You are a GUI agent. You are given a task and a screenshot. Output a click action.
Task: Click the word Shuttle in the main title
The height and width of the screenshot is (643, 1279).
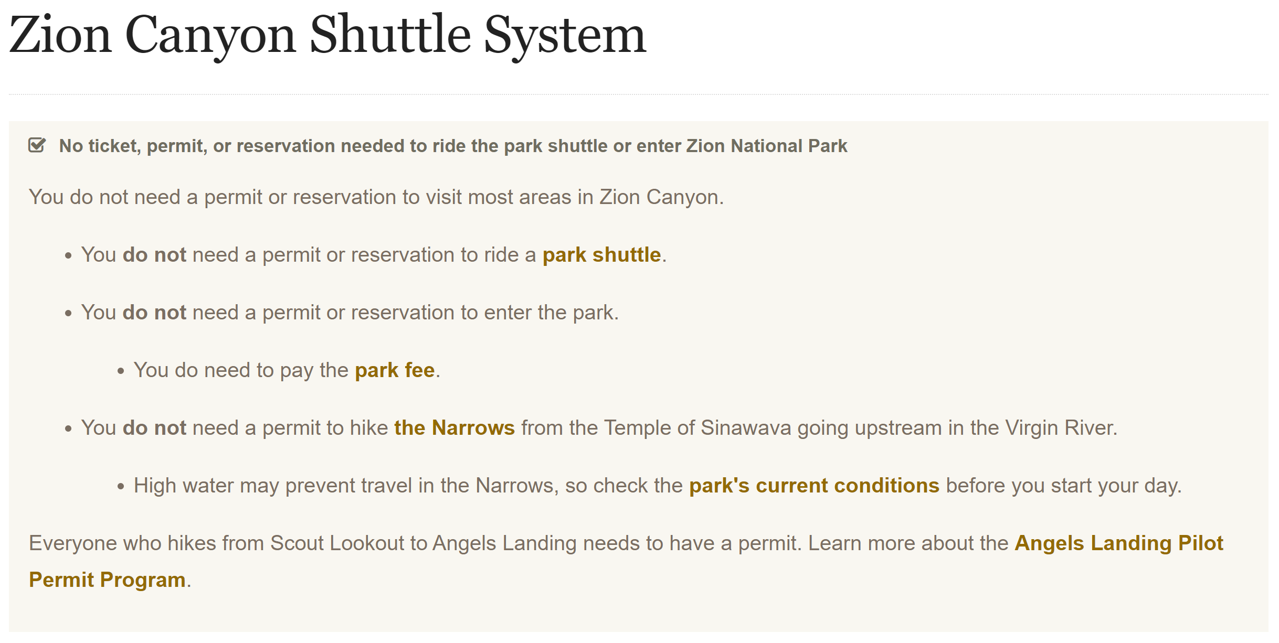(x=390, y=34)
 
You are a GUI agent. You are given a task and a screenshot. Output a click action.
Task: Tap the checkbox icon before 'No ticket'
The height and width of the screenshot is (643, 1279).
(x=37, y=145)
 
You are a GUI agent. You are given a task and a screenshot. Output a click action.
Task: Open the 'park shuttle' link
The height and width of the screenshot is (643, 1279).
(x=601, y=255)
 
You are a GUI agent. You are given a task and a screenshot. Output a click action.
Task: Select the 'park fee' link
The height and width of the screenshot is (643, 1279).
(x=395, y=370)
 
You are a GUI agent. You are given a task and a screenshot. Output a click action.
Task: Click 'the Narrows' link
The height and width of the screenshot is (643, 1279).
(x=454, y=428)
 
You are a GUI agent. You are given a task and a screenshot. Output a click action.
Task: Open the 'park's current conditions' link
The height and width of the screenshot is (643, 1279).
(x=814, y=486)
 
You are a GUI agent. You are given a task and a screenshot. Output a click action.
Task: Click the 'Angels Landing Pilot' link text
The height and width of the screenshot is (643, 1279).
(x=1119, y=543)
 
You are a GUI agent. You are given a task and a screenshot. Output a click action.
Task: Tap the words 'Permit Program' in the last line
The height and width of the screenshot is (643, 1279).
(x=107, y=580)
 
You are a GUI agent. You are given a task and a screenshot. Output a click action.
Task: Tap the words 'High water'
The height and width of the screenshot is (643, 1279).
(x=184, y=486)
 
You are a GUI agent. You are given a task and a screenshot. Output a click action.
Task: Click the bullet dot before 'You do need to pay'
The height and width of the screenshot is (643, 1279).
(x=121, y=371)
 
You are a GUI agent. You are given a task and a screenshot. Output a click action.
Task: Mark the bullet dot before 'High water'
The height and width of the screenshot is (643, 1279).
(x=121, y=487)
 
